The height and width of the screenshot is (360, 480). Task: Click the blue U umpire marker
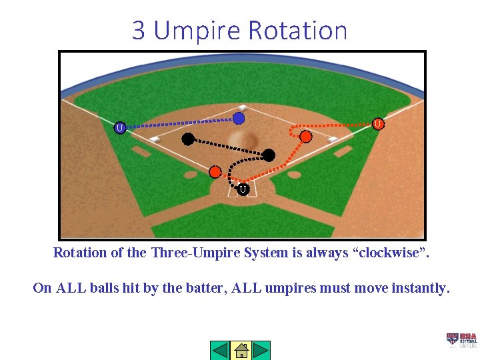119,127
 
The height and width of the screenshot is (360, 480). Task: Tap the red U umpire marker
377,123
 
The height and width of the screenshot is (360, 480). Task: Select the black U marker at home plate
243,190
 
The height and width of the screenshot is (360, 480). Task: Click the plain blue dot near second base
239,118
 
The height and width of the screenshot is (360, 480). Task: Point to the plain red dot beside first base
305,136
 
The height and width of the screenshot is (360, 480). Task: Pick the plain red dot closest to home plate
215,171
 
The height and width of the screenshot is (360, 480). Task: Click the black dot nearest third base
188,139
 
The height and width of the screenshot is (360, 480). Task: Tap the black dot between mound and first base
269,155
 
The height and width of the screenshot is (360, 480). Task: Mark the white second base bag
243,107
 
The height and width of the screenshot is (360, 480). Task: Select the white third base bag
155,139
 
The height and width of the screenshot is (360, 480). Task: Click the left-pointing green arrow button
220,350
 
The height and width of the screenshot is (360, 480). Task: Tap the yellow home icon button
241,350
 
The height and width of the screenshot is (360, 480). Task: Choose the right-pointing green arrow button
261,350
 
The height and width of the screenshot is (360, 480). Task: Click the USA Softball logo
461,340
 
